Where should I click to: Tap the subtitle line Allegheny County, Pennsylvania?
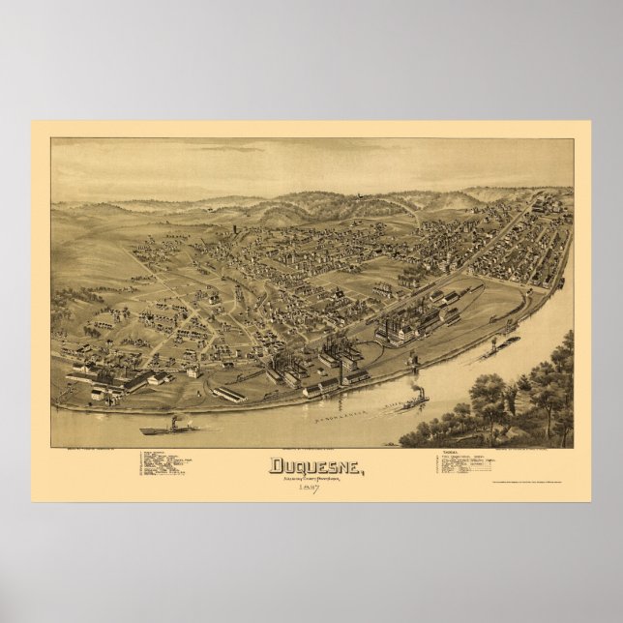pyautogui.click(x=307, y=475)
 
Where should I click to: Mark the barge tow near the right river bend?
pyautogui.click(x=504, y=342)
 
